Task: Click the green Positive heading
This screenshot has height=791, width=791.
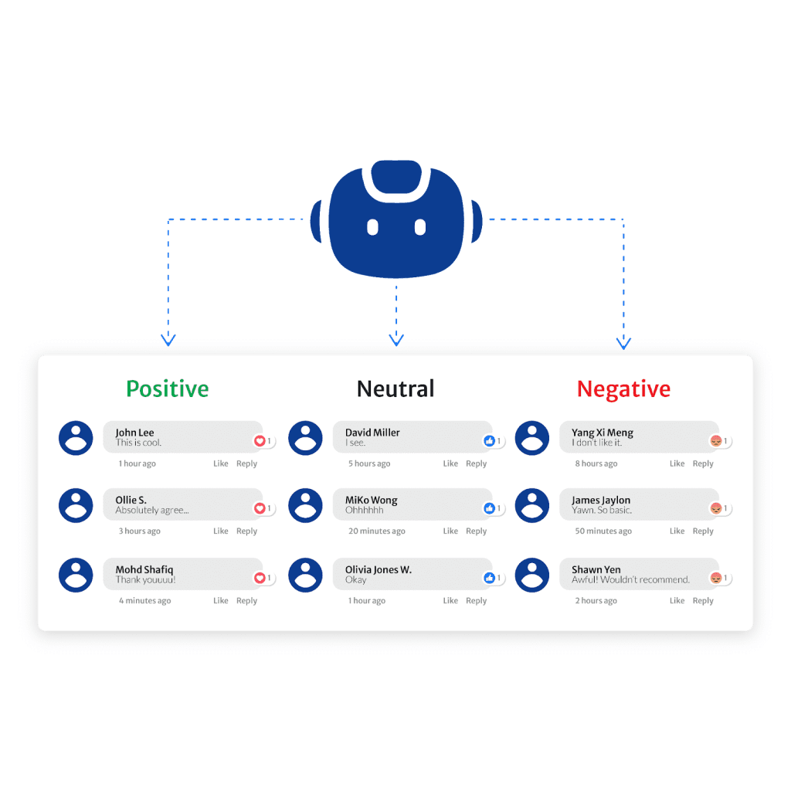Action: [167, 389]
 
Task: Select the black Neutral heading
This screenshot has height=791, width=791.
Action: [395, 389]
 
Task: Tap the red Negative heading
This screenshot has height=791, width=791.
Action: [623, 389]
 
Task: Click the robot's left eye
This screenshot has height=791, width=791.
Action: [372, 227]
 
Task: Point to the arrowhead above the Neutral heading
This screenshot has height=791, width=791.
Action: [395, 339]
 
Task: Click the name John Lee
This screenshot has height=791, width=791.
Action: [135, 433]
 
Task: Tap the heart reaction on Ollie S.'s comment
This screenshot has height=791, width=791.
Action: [260, 508]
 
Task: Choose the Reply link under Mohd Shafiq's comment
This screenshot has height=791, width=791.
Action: [246, 601]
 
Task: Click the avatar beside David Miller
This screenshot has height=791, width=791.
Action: [305, 438]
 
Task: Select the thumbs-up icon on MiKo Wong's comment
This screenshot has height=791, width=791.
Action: [489, 508]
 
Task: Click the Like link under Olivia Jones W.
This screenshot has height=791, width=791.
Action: [450, 601]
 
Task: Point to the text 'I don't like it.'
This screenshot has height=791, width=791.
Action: [596, 443]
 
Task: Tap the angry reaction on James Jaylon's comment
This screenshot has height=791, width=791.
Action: [716, 508]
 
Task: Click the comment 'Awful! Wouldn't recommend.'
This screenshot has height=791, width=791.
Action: [630, 580]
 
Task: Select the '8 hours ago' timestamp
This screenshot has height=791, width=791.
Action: [596, 464]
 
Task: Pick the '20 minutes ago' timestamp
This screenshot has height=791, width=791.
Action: [376, 531]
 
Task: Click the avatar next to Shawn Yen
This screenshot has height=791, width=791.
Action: [532, 575]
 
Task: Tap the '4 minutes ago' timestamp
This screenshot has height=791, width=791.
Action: [144, 601]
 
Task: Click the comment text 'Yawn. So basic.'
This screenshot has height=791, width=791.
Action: [602, 511]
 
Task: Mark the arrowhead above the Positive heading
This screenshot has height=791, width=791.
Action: [168, 339]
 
